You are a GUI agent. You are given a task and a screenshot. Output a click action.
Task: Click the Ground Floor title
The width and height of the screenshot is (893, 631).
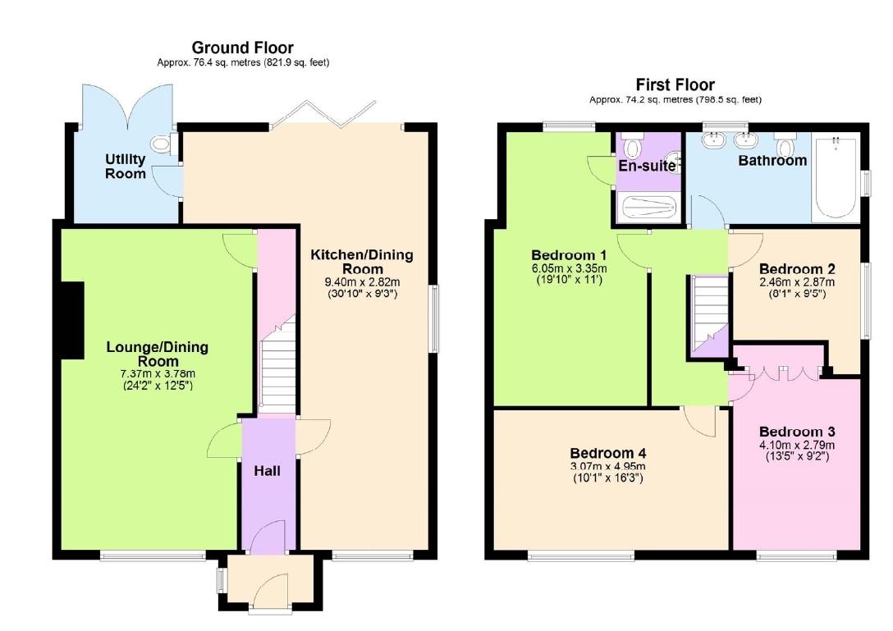pos(242,48)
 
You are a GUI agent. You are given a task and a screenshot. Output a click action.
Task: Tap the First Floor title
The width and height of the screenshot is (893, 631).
pos(675,85)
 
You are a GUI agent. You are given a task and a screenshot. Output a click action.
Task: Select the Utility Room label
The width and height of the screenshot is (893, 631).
pos(125,166)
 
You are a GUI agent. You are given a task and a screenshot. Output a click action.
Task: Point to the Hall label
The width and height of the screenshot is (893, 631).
pos(267,471)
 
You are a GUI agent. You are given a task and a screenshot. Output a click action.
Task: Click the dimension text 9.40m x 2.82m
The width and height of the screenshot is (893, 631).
pos(362,281)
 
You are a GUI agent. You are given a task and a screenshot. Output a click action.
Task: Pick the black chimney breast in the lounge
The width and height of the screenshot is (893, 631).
pos(72,320)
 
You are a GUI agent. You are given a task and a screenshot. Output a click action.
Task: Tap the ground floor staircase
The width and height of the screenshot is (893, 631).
pos(277,369)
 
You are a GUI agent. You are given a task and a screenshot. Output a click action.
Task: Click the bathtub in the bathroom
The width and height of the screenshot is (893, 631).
pos(834,180)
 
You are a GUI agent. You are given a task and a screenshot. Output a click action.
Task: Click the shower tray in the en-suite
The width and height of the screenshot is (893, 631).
pos(648,208)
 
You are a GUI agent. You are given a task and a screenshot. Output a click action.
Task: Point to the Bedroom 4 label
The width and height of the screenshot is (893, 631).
pos(608,453)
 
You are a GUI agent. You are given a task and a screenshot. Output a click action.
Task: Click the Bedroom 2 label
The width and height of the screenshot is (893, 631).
pos(797,269)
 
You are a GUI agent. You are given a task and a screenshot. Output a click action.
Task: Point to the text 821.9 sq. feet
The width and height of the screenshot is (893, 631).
pos(296,62)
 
